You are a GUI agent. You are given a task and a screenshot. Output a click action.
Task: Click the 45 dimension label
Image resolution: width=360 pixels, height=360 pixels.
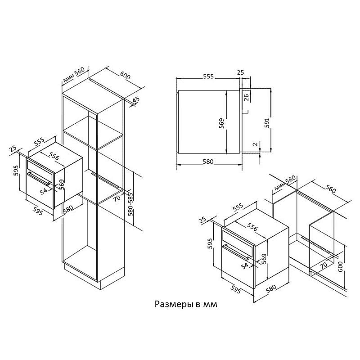[x=136, y=100]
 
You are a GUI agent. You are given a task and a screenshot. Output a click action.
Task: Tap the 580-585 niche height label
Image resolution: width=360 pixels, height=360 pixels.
[x=130, y=204]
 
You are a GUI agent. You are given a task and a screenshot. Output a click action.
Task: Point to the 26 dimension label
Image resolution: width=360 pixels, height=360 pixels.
[x=246, y=98]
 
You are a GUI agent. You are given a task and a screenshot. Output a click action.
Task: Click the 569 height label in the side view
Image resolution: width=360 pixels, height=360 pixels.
[x=221, y=123]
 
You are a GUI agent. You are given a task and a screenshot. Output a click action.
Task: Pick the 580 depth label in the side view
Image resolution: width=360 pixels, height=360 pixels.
[x=208, y=162]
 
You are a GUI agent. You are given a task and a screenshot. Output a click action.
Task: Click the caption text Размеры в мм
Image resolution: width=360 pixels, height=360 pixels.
[x=186, y=304]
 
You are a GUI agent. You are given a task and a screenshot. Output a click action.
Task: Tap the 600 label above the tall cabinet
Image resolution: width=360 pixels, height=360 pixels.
[x=126, y=76]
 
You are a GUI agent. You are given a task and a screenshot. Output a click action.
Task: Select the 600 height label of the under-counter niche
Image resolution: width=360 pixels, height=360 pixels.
[x=340, y=266]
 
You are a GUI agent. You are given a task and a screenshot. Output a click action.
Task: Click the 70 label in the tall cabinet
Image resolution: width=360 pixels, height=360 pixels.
[x=117, y=198]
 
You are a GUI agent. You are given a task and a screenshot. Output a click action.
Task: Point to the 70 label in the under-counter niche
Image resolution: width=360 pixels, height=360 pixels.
[x=324, y=265]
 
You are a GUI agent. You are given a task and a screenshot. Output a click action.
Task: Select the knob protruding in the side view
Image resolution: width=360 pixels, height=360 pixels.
[x=245, y=112]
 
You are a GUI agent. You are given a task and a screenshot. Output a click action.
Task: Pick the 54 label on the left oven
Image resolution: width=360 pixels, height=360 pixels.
[x=43, y=191]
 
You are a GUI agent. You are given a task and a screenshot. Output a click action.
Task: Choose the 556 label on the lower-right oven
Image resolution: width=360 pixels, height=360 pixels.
[x=252, y=227]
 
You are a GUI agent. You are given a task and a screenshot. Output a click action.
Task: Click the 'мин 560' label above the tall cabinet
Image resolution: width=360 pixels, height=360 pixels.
[x=74, y=75]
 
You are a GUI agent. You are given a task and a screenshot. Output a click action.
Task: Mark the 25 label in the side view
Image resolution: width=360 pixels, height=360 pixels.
[x=240, y=72]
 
